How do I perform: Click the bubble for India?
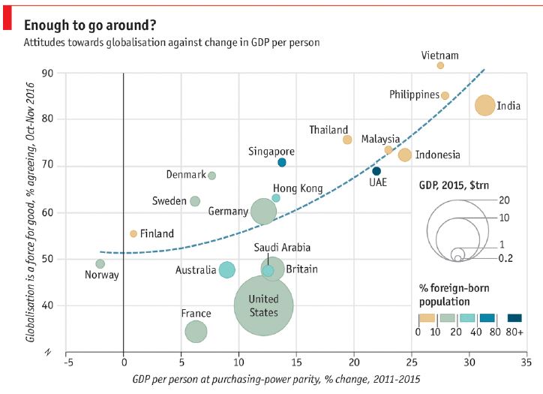(485, 106)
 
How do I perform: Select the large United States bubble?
(263, 305)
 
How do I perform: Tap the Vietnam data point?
(440, 65)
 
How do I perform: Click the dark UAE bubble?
(376, 171)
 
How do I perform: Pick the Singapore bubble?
(282, 162)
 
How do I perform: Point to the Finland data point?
(133, 233)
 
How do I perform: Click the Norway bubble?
(100, 263)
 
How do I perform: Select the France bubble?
(196, 331)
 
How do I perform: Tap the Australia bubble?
(226, 269)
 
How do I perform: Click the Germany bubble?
(264, 212)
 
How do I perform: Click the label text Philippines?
(414, 95)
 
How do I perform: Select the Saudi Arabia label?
(282, 248)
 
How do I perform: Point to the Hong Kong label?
(298, 188)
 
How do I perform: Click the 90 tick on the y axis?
(49, 73)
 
